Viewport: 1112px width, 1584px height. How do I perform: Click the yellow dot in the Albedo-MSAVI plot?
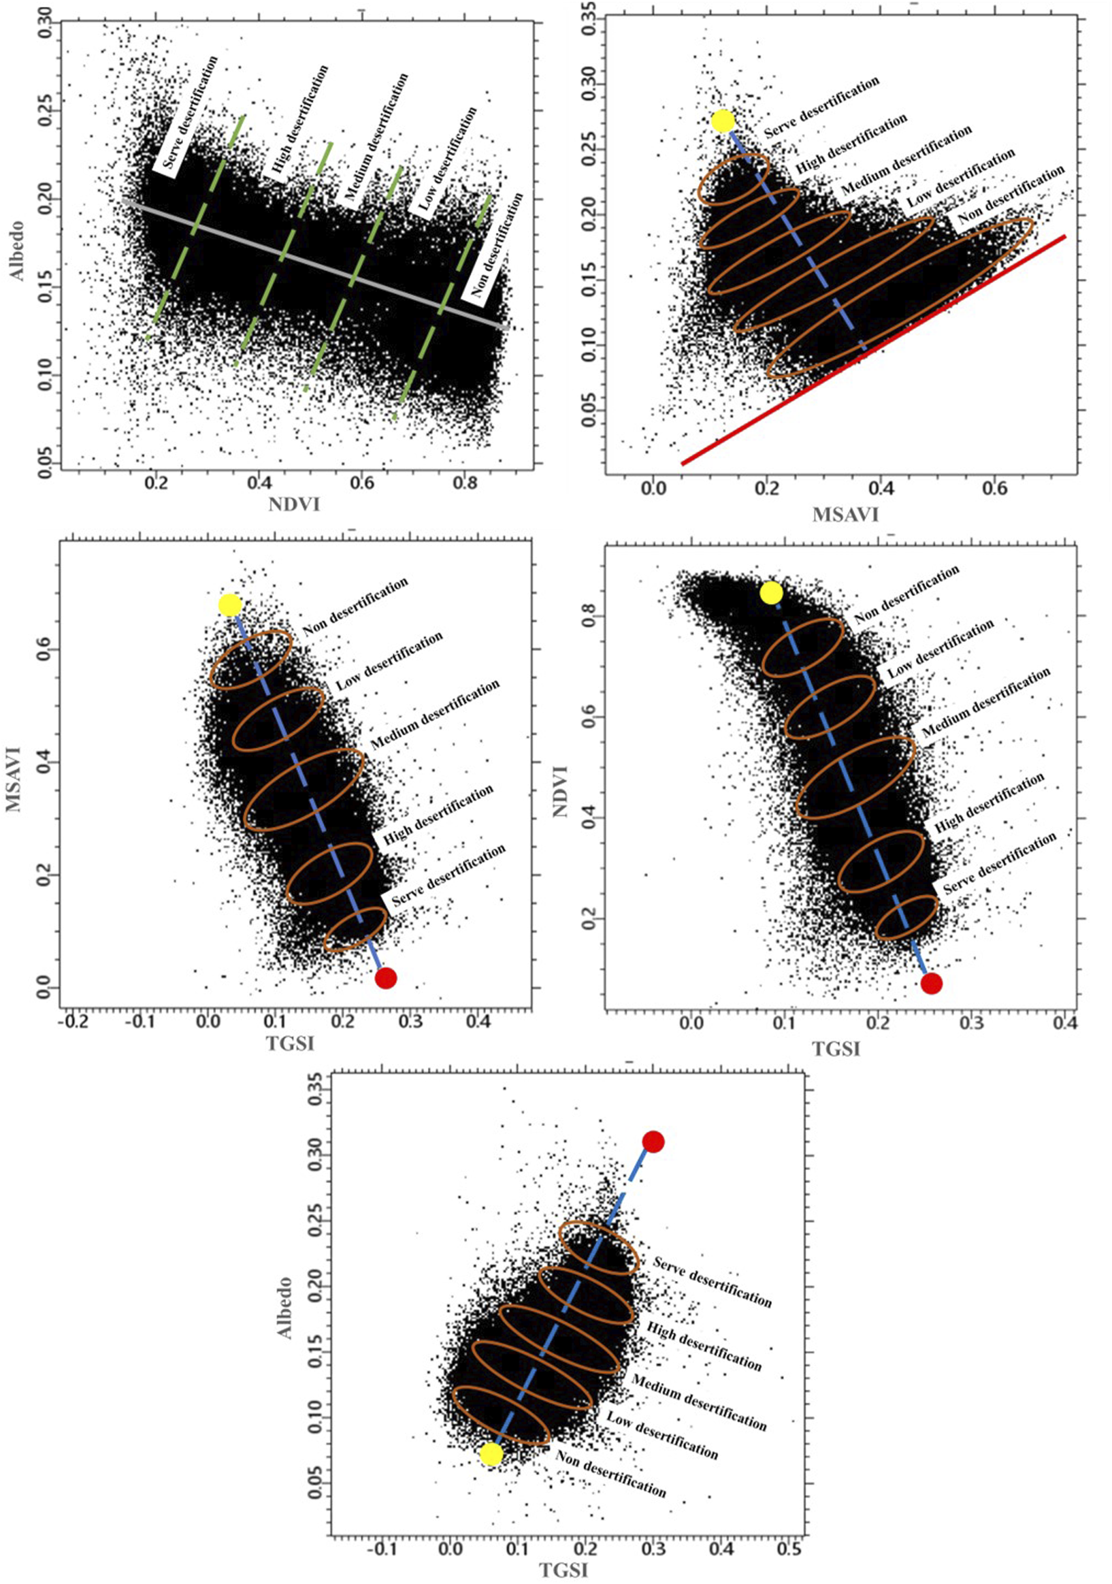click(x=722, y=120)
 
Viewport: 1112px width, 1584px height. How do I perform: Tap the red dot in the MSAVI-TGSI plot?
click(x=386, y=977)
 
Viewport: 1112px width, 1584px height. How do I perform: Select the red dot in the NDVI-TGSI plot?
click(x=931, y=983)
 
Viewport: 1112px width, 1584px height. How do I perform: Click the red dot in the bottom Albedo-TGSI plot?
click(x=653, y=1142)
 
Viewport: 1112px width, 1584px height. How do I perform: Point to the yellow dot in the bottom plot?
click(x=491, y=1453)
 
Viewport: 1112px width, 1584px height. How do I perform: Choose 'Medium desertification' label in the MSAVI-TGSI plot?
click(x=435, y=715)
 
